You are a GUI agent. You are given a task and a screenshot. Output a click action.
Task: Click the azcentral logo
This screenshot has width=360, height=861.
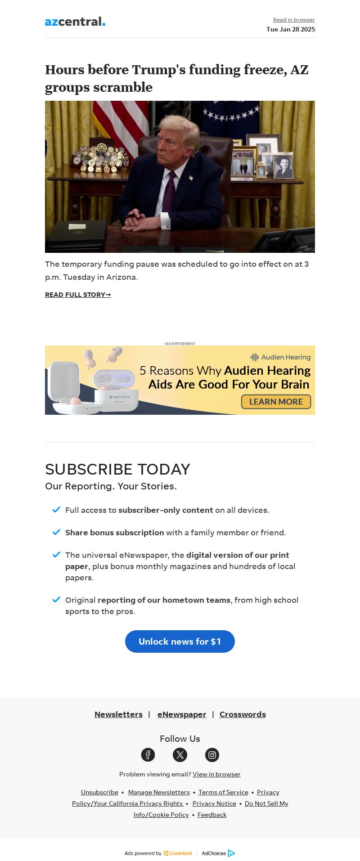coord(75,22)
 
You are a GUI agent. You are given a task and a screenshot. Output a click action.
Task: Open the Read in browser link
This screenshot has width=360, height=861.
coord(294,20)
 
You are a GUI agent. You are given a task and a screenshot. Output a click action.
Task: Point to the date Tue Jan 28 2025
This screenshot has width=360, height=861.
coord(291,29)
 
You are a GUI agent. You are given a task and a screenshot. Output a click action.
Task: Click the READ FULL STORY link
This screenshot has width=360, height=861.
coord(78,295)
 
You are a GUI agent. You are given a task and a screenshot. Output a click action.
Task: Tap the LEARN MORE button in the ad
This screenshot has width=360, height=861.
coord(276,402)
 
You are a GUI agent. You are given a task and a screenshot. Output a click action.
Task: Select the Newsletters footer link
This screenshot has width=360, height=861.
coord(118,714)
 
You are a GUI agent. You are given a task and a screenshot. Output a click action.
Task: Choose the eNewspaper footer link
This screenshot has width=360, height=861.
coord(182,714)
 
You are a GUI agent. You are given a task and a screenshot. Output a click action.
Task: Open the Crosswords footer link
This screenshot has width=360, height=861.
coord(243,714)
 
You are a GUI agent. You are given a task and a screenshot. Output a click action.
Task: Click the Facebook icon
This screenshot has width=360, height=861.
coord(148,755)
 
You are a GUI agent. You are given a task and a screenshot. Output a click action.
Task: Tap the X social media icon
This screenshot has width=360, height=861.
coord(180,755)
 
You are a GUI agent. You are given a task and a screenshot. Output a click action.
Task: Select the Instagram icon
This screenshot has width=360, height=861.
coord(212,755)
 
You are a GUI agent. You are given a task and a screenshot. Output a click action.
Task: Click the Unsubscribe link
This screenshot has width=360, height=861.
coord(99,792)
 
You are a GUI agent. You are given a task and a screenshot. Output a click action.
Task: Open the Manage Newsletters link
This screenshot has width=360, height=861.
coord(159,792)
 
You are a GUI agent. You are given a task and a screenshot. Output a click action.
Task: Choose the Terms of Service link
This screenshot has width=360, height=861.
coord(223,792)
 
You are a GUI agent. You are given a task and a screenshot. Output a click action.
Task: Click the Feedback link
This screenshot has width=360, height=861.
coord(212,815)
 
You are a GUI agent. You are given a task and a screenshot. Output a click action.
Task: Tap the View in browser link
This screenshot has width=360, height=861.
coord(216,774)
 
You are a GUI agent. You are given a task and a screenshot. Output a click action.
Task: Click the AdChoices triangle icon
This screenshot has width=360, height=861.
coord(231,853)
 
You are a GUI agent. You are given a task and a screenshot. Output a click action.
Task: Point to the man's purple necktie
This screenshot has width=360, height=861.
coord(169,193)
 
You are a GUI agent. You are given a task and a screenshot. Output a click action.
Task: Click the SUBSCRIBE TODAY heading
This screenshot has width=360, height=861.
coord(117,469)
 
